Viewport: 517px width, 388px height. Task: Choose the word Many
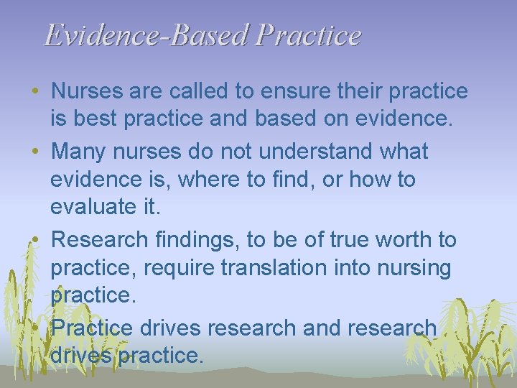(78, 152)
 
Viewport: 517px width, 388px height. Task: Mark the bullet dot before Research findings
(35, 240)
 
